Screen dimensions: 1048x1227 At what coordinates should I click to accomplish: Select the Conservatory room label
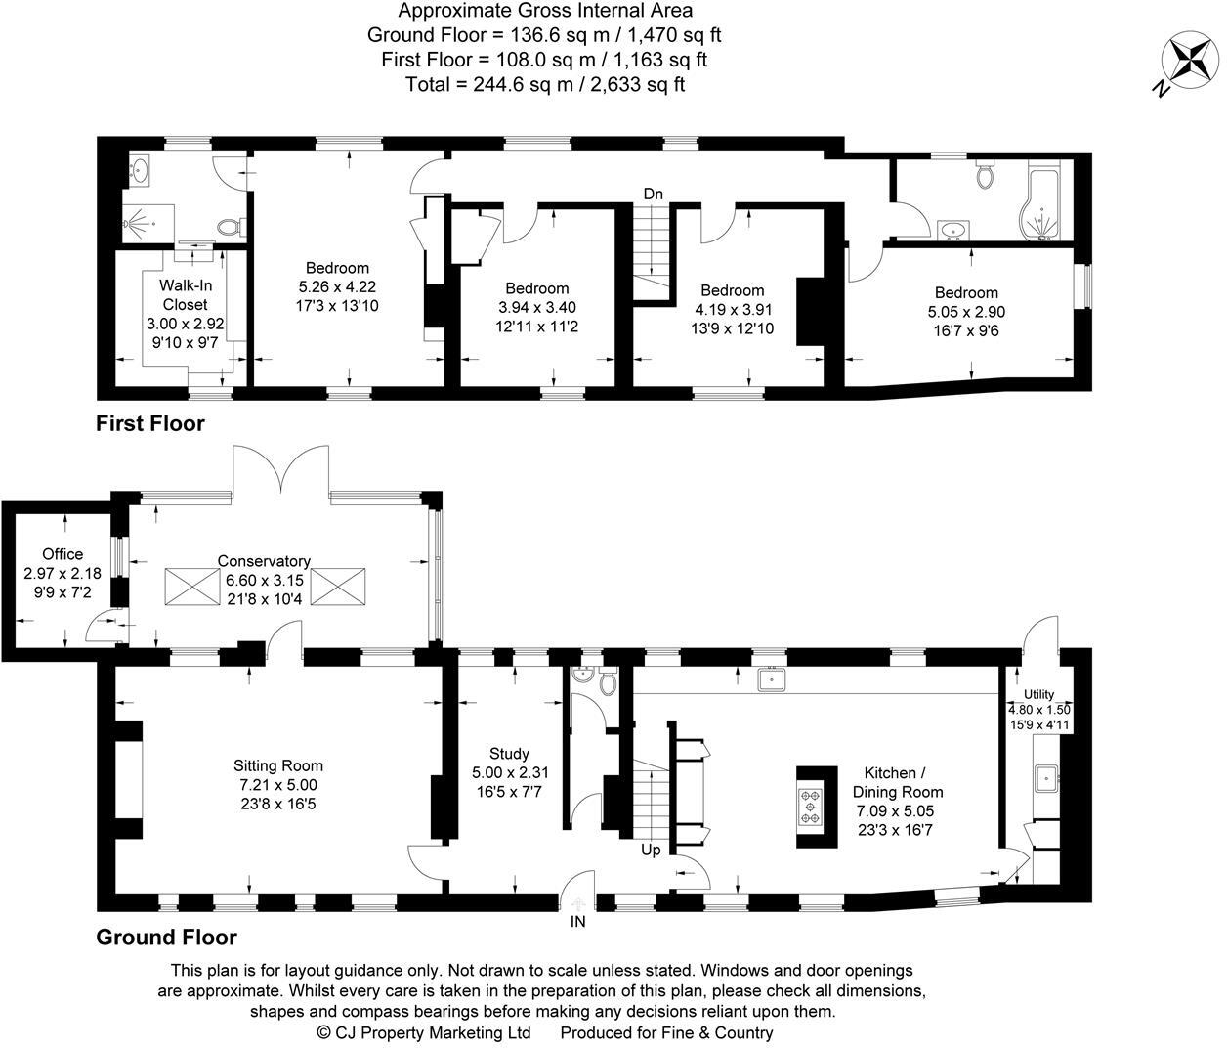(x=264, y=561)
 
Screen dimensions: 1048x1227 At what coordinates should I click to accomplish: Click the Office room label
(x=63, y=554)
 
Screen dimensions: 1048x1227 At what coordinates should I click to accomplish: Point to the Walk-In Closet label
(x=185, y=294)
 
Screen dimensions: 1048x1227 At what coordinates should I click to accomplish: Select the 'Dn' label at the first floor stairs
(x=653, y=195)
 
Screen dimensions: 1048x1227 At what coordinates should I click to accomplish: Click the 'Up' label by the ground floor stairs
(x=651, y=850)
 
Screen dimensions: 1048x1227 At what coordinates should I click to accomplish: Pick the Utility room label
(x=1039, y=694)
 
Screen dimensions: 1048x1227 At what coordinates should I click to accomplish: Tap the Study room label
(x=509, y=754)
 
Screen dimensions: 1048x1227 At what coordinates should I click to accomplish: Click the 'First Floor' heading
(x=150, y=423)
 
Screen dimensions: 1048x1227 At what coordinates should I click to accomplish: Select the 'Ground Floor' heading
(x=166, y=938)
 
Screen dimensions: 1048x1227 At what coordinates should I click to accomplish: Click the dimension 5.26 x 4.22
(x=337, y=286)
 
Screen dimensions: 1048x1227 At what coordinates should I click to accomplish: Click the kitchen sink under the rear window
(x=772, y=677)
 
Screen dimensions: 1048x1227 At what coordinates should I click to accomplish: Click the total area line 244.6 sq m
(x=545, y=84)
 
